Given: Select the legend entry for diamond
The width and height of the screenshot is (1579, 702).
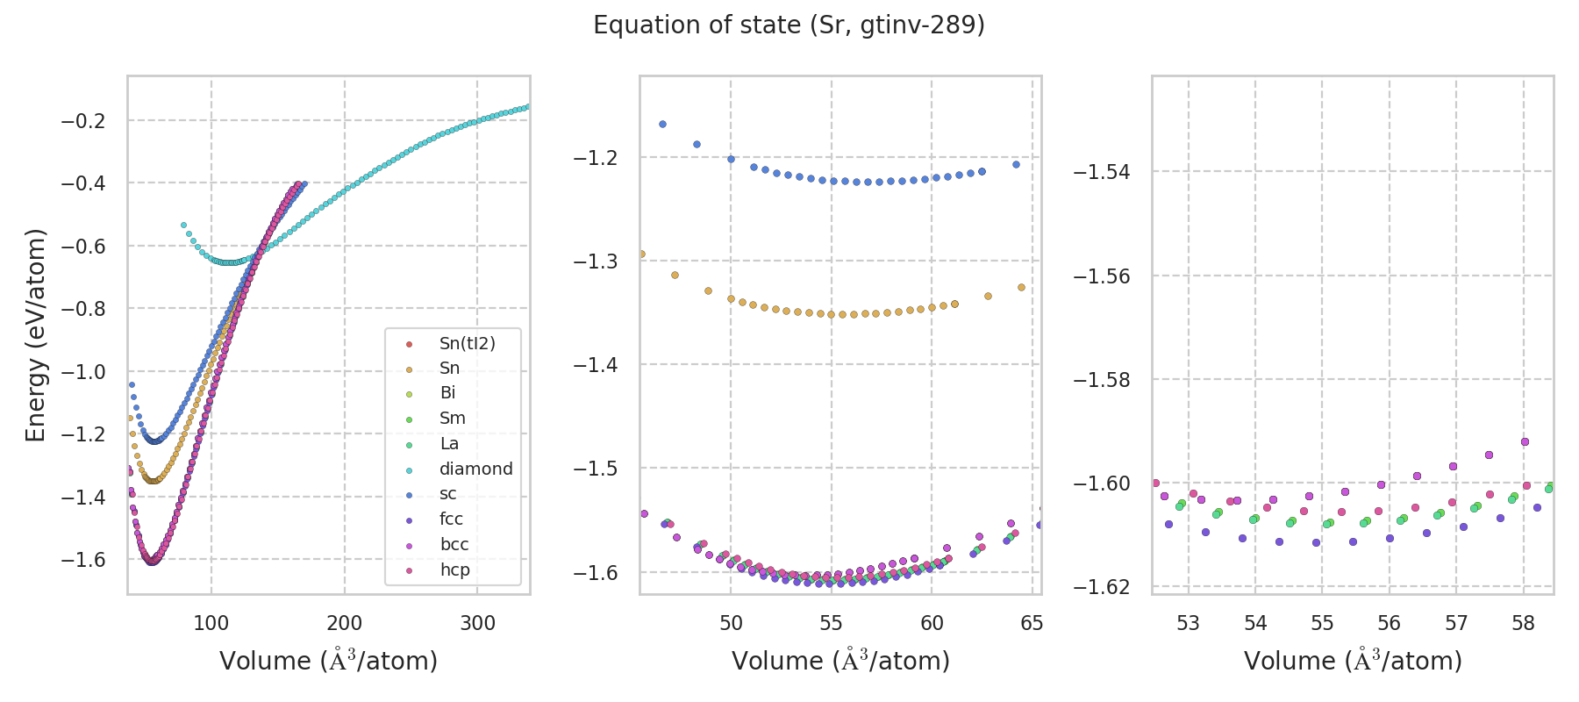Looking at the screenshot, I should click(x=475, y=469).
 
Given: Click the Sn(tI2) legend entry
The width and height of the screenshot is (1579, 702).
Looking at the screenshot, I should click(x=467, y=343).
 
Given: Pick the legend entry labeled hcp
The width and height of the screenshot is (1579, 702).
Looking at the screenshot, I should click(x=454, y=569).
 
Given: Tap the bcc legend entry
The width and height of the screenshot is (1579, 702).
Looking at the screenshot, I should click(x=454, y=544).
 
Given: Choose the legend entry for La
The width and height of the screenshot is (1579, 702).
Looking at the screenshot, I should click(x=449, y=443).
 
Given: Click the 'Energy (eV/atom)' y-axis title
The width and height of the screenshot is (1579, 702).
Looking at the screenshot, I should click(x=35, y=335).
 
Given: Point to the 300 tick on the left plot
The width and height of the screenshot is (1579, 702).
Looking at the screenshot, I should click(x=477, y=623).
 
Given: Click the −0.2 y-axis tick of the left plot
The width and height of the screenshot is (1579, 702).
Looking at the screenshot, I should click(x=82, y=120).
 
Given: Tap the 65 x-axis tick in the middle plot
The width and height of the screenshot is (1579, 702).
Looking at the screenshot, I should click(x=1032, y=623).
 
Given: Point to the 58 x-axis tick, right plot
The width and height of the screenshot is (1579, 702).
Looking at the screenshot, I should click(x=1524, y=623).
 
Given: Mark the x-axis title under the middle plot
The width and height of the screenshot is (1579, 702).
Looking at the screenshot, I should click(x=840, y=661).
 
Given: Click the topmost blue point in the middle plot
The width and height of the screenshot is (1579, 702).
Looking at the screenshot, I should click(x=662, y=125).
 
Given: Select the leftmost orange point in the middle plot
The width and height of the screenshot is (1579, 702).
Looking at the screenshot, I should click(x=641, y=254).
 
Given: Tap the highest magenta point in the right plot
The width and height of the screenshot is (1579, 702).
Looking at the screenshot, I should click(x=1525, y=441).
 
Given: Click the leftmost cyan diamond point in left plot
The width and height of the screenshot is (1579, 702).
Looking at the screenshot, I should click(x=183, y=226).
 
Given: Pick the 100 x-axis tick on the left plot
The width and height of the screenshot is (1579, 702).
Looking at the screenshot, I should click(x=211, y=623).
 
